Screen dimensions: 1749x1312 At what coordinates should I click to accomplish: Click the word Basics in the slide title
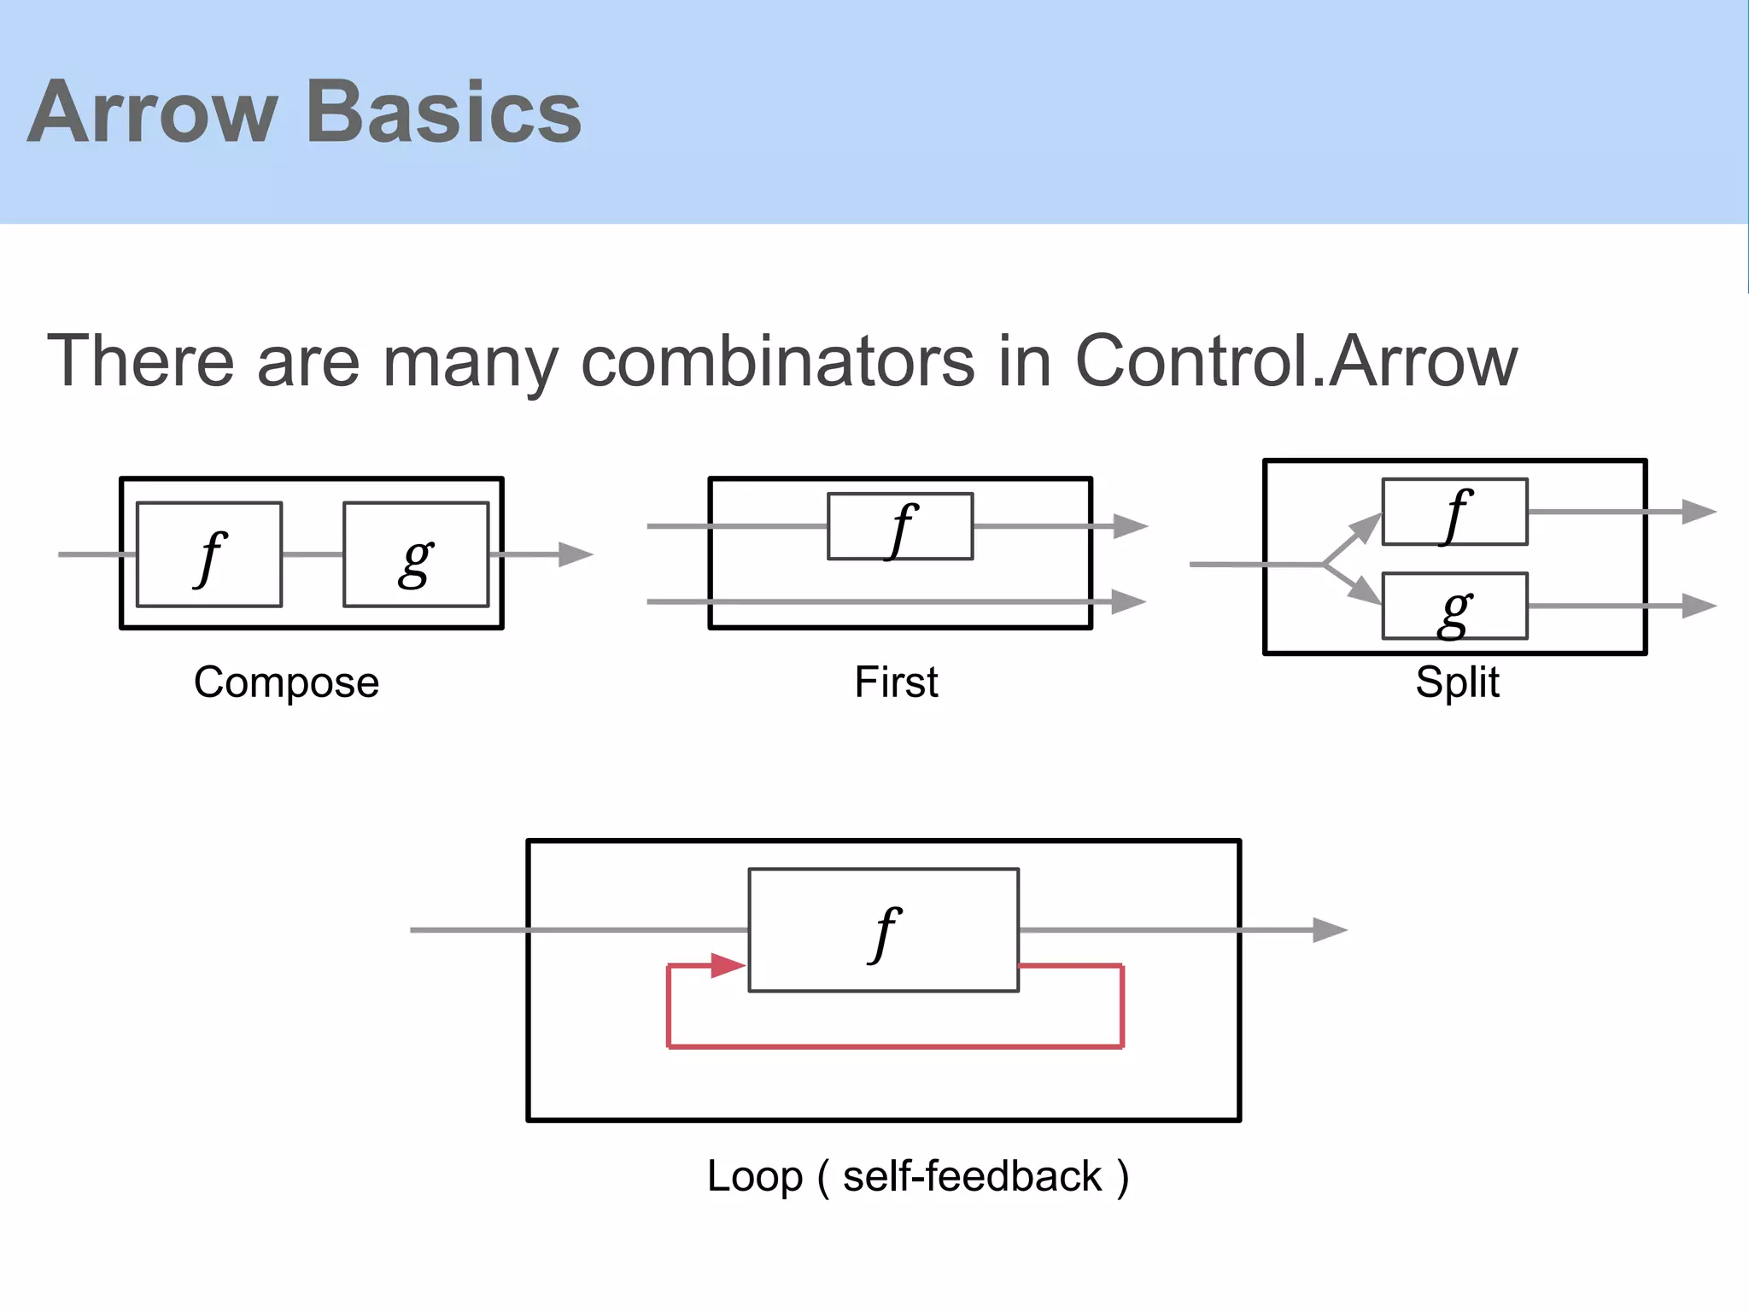coord(443,113)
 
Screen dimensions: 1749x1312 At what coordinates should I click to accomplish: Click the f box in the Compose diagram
coord(209,555)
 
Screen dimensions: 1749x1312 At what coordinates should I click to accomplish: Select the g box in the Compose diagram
coord(416,555)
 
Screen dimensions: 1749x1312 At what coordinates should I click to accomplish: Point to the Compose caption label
coord(286,682)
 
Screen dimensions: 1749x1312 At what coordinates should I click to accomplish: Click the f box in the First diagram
coord(900,527)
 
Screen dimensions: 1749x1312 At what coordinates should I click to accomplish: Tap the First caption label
coord(896,682)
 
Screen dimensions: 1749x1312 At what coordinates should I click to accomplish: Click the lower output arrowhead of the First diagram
coord(1129,602)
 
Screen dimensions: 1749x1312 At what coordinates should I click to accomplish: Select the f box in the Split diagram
coord(1454,512)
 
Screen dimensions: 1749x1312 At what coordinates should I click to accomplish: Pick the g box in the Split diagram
coord(1454,606)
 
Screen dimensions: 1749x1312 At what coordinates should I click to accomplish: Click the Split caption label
coord(1457,682)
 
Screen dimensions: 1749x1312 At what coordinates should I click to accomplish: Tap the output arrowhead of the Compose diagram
coord(576,554)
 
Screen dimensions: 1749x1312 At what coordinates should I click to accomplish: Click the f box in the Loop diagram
coord(883,930)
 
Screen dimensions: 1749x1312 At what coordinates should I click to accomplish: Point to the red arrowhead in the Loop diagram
coord(728,966)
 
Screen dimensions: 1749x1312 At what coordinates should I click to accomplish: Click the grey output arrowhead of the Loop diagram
coord(1329,930)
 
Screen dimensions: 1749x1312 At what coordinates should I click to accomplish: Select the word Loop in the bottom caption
coord(755,1176)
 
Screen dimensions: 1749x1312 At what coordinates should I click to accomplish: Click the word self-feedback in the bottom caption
coord(972,1176)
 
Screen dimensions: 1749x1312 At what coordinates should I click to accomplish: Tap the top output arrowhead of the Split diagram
coord(1699,512)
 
